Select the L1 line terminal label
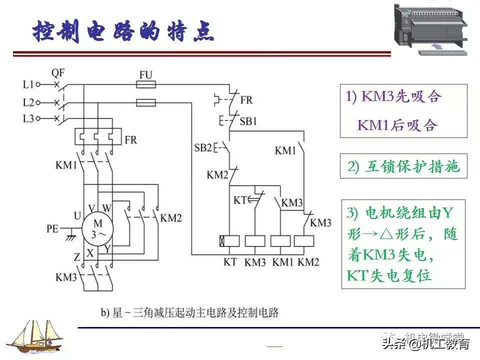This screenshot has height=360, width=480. (x=28, y=84)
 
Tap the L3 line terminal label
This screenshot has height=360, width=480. (x=28, y=119)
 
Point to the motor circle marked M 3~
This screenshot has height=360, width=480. (x=98, y=229)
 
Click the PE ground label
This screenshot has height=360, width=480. (x=53, y=229)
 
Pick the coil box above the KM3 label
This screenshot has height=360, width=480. (x=255, y=240)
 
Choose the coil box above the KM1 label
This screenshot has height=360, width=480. (x=280, y=240)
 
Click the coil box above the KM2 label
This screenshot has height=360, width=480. (x=305, y=240)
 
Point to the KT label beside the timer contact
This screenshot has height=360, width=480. (x=240, y=200)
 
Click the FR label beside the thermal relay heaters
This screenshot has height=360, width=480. (x=130, y=139)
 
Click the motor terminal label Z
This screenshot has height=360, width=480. (x=76, y=257)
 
